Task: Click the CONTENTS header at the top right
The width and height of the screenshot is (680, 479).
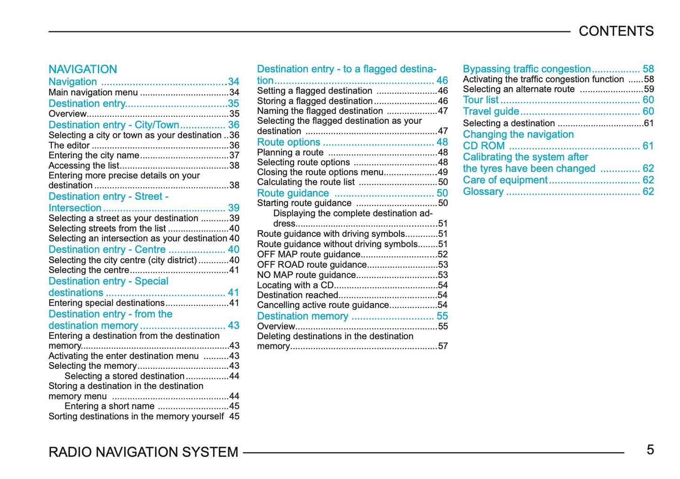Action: (x=616, y=31)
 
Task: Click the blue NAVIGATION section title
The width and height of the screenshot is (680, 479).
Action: (x=83, y=69)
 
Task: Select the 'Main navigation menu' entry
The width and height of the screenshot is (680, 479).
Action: (x=93, y=92)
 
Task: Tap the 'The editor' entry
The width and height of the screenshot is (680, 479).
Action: (x=69, y=145)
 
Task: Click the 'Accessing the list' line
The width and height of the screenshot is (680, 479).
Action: (x=84, y=166)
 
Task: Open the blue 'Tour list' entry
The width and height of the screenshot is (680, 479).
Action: (x=480, y=100)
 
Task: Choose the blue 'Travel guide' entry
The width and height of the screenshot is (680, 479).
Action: (x=491, y=112)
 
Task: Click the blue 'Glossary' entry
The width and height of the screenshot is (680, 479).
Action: (x=483, y=192)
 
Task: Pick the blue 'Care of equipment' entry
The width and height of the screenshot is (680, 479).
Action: (x=505, y=180)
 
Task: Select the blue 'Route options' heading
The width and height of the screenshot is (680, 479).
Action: (x=288, y=142)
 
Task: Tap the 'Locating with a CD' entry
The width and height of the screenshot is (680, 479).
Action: (x=296, y=285)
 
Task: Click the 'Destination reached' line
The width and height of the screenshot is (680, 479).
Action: (x=297, y=295)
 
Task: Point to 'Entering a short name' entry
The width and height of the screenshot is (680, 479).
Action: (x=110, y=406)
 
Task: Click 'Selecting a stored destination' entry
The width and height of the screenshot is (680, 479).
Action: (x=124, y=376)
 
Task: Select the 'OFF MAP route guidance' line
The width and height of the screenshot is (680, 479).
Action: (x=309, y=255)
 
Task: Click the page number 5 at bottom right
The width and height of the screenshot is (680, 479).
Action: (x=650, y=450)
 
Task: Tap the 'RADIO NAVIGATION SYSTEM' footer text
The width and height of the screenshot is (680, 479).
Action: (x=144, y=452)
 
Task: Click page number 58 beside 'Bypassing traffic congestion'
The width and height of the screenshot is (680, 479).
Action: (x=648, y=69)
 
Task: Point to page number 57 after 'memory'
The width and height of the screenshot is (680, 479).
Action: (x=443, y=346)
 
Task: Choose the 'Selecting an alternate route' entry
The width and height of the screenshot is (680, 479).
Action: (x=519, y=89)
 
